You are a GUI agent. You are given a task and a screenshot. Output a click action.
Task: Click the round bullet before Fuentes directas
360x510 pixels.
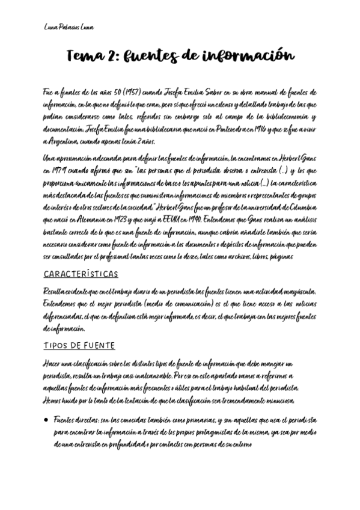[46, 419]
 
